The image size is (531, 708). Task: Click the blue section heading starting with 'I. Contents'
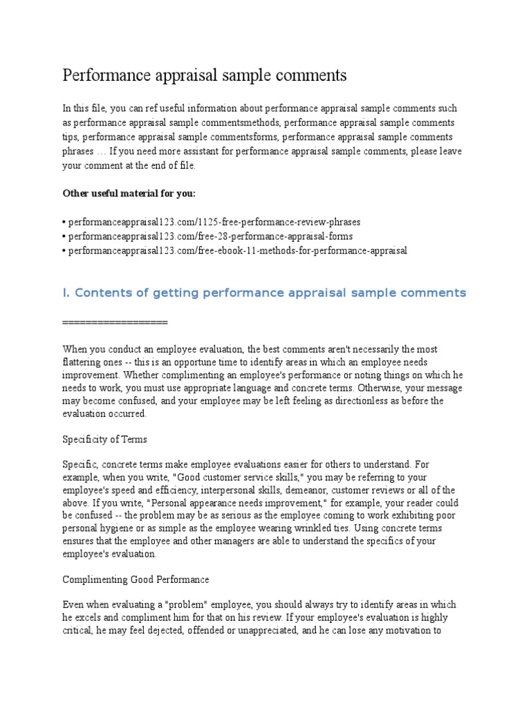264,293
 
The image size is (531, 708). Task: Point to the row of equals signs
115,322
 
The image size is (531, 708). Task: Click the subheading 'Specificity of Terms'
105,439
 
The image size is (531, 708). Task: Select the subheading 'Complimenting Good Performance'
136,579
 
